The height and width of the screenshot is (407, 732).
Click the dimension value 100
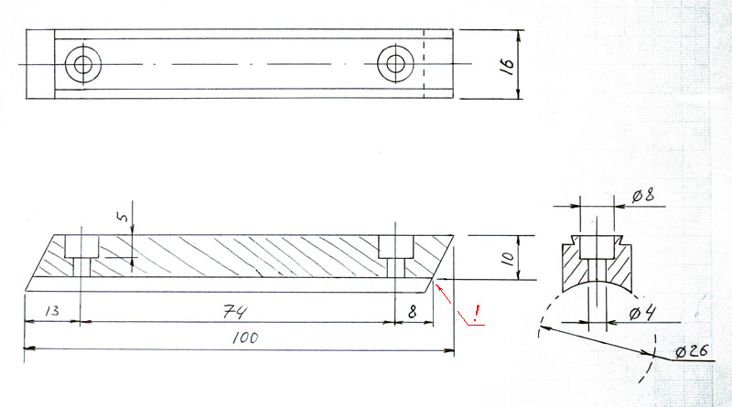click(x=246, y=337)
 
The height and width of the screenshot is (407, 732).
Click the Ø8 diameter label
click(x=642, y=194)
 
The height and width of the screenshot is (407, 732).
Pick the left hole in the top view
click(x=84, y=64)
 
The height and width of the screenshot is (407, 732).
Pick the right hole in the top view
click(x=396, y=64)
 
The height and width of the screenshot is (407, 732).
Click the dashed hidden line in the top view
click(x=425, y=64)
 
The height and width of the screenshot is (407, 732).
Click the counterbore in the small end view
click(x=597, y=246)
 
